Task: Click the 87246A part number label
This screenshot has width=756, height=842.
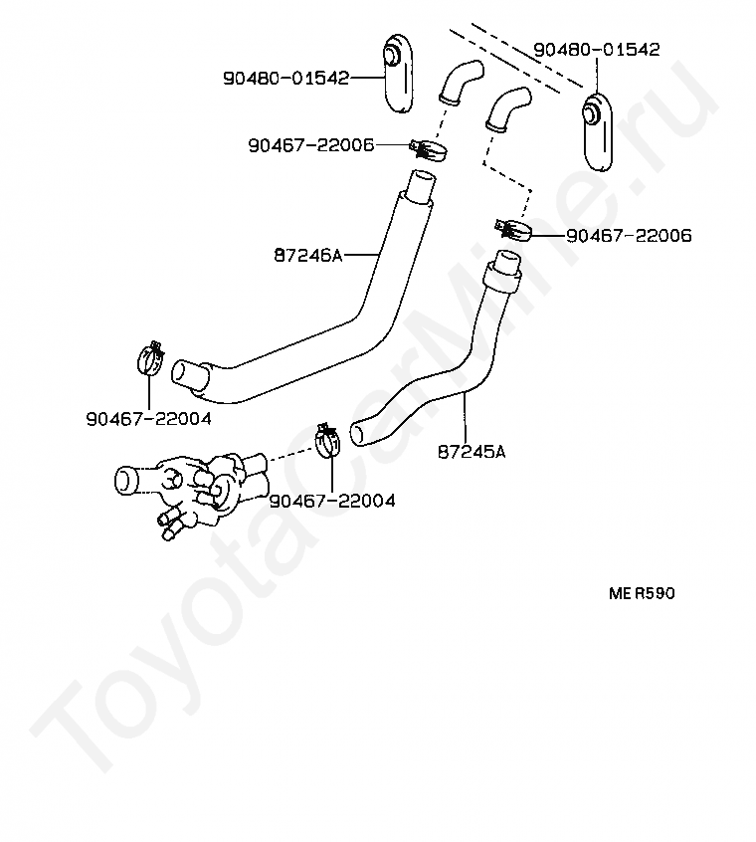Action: click(307, 255)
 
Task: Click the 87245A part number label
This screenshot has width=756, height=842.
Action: click(471, 452)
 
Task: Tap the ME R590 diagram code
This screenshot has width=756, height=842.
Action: click(642, 593)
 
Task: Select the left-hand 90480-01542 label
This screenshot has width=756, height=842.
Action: click(285, 78)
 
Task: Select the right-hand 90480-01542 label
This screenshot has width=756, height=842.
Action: click(597, 49)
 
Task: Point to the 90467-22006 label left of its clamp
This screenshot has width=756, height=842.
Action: click(310, 145)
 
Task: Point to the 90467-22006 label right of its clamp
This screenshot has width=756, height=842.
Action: click(629, 236)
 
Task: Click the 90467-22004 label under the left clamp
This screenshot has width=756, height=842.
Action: click(148, 419)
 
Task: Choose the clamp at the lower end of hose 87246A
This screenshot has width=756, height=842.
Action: click(149, 358)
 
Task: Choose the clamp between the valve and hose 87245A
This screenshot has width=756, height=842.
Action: click(328, 439)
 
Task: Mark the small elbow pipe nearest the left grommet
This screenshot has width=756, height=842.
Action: click(460, 81)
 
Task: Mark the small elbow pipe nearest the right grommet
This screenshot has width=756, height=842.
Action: click(507, 108)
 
